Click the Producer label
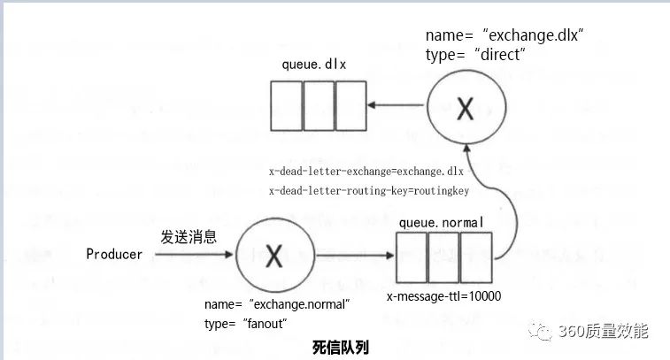[x=114, y=255]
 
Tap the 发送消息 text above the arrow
[x=189, y=237]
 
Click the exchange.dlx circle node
[x=465, y=109]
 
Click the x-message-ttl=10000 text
[x=443, y=296]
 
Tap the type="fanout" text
[x=247, y=324]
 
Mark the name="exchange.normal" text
[x=277, y=304]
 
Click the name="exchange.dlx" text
[x=505, y=34]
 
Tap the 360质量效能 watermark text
[x=604, y=332]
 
